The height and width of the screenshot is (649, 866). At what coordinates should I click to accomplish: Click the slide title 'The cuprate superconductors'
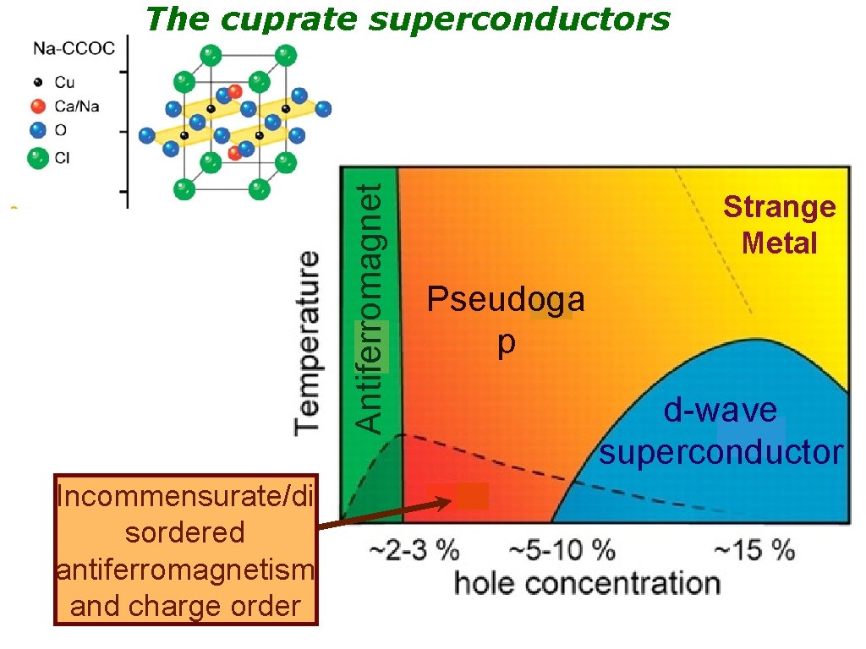[x=408, y=18]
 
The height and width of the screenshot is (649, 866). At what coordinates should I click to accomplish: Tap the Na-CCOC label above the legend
[x=74, y=48]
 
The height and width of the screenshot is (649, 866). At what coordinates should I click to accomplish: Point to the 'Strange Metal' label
[x=779, y=225]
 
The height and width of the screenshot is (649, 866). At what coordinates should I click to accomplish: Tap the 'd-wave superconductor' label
[x=721, y=431]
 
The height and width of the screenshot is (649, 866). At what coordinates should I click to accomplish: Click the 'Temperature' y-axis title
[x=307, y=342]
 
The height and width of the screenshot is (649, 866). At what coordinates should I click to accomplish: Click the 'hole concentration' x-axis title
[x=587, y=583]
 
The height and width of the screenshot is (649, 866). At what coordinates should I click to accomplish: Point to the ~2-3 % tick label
[x=414, y=552]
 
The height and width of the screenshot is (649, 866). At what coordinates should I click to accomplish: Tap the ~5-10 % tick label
[x=562, y=552]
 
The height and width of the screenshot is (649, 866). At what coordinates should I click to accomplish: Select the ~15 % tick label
[x=754, y=552]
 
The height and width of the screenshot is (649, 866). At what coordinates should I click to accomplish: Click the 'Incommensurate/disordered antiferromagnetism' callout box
[x=186, y=549]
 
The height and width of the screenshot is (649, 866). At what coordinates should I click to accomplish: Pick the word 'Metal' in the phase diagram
[x=779, y=243]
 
